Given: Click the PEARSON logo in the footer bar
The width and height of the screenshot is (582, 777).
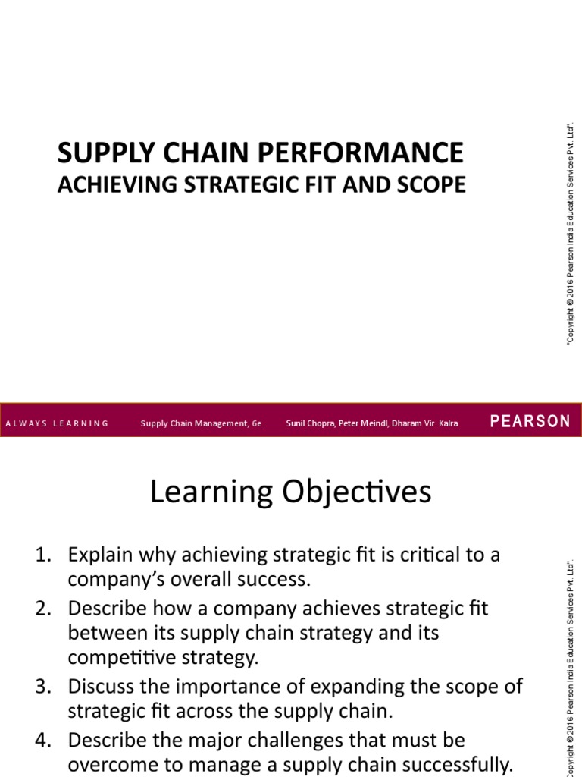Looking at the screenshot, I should pyautogui.click(x=530, y=422).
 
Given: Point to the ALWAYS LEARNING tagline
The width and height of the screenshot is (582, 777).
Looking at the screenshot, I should pyautogui.click(x=57, y=423).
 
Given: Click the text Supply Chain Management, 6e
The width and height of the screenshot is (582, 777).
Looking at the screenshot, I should pyautogui.click(x=201, y=423).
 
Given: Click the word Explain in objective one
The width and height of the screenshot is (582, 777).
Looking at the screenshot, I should pyautogui.click(x=95, y=555).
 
